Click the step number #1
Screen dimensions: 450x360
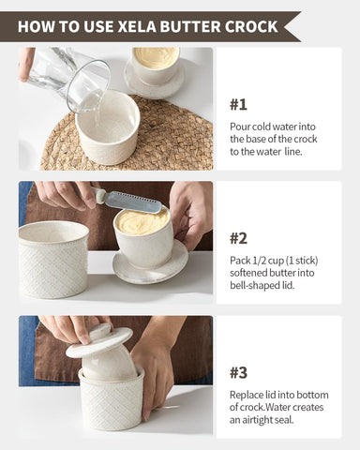click(239, 104)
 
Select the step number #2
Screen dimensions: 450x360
click(239, 238)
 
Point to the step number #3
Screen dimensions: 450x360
click(239, 372)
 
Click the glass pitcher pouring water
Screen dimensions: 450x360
click(73, 77)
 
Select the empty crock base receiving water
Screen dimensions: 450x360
click(107, 127)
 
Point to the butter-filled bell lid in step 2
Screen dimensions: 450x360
click(143, 234)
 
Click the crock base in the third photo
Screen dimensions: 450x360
click(111, 398)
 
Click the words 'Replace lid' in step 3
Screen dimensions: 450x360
click(257, 394)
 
